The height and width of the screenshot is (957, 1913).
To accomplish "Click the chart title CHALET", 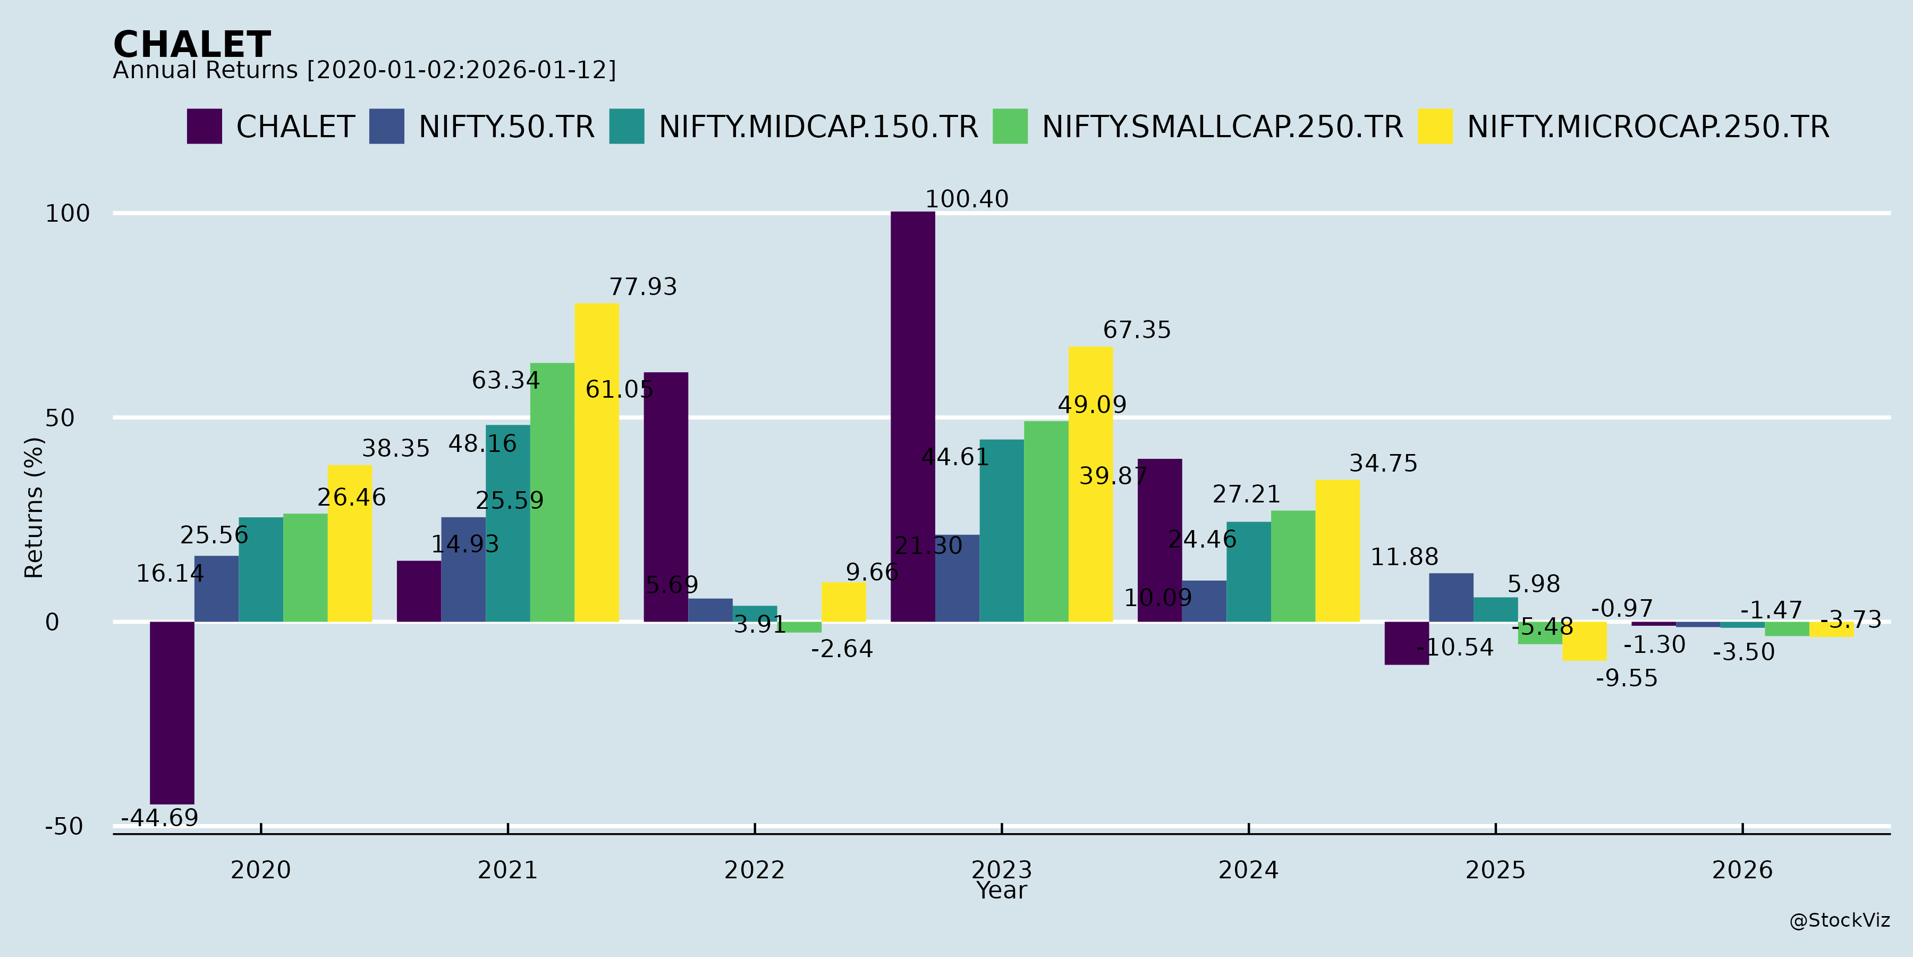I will point(192,45).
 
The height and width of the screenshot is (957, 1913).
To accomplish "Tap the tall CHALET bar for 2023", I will point(913,416).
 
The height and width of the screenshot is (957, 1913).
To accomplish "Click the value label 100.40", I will point(966,199).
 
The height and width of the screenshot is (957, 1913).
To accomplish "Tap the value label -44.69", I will point(159,818).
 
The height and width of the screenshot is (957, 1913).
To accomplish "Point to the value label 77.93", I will point(643,287).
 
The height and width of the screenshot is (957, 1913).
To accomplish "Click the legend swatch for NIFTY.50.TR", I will point(387,127).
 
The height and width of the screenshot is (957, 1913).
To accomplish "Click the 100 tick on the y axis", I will point(67,214).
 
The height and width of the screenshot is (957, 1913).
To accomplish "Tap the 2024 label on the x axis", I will point(1248,870).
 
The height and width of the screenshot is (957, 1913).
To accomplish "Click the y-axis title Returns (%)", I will point(34,508).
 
